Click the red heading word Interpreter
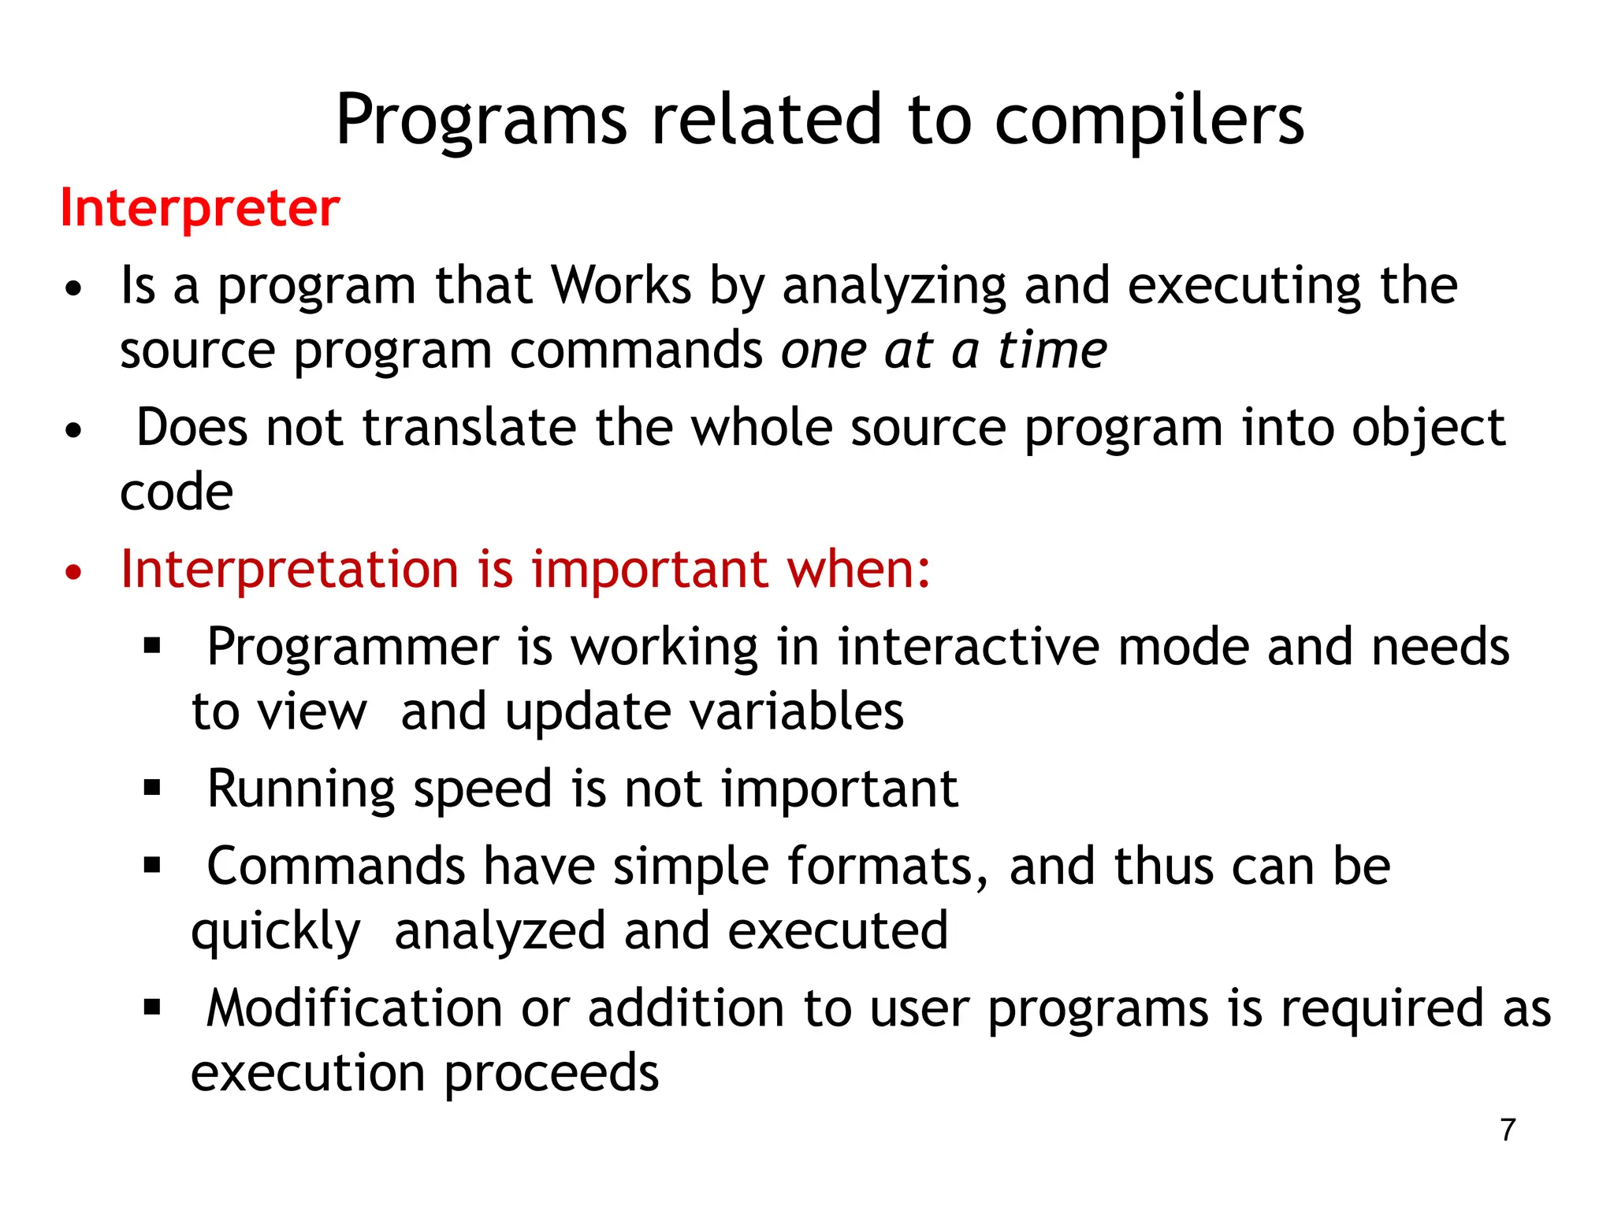point(200,208)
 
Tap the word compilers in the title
point(1149,120)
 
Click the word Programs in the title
point(481,120)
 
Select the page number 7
point(1508,1130)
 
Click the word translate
point(470,428)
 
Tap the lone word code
point(177,492)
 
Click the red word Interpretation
point(289,569)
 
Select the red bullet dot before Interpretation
point(73,573)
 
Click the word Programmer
point(352,648)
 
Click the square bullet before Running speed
point(152,788)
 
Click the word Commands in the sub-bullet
point(336,867)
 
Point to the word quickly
point(276,932)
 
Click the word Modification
point(354,1008)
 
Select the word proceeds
point(552,1073)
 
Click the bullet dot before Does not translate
point(73,432)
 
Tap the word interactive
point(968,648)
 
